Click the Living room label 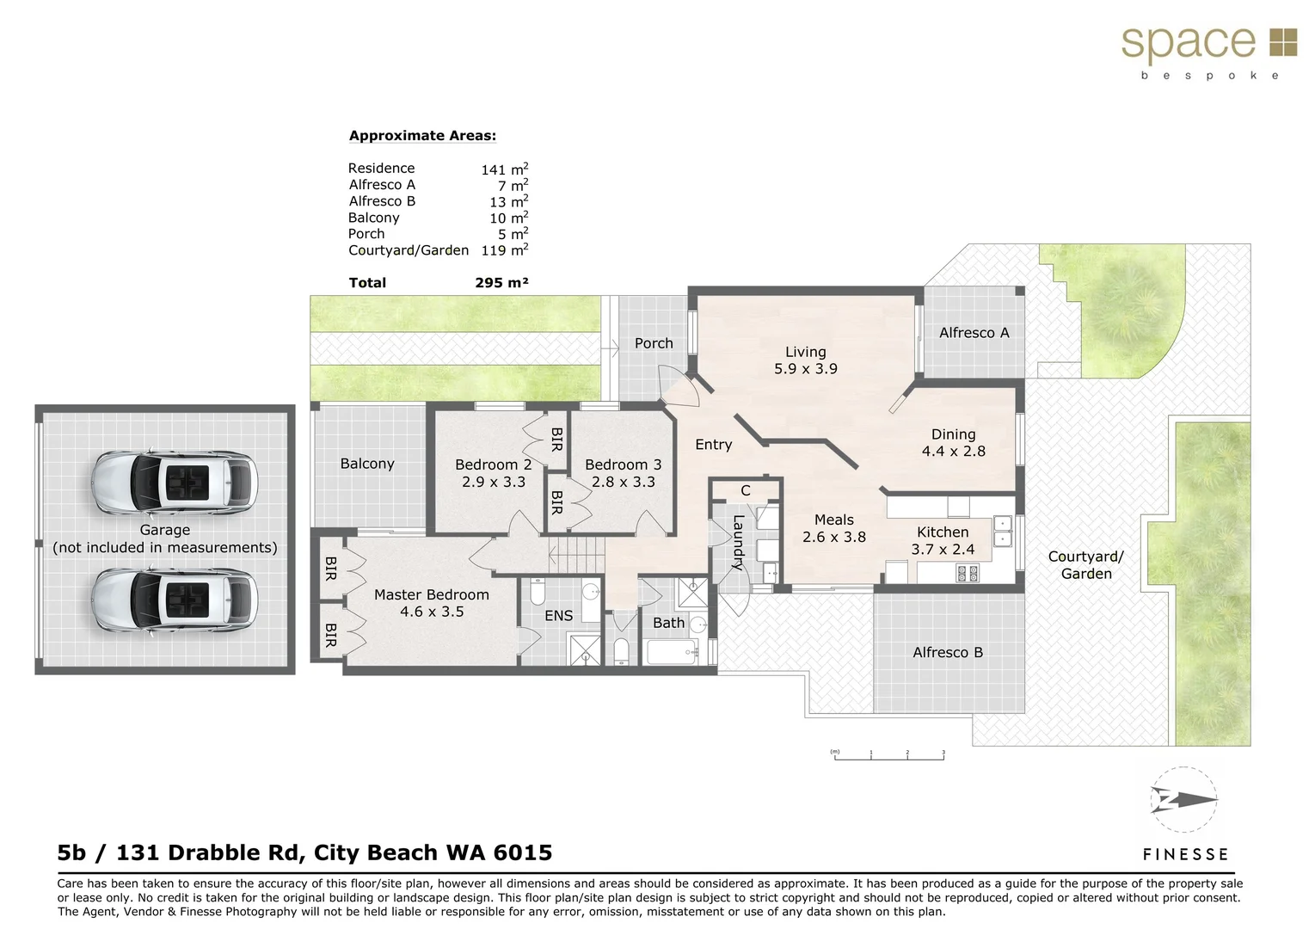click(805, 352)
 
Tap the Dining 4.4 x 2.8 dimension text click(953, 452)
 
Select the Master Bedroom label click(431, 594)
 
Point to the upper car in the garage click(175, 481)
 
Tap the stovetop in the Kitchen click(968, 572)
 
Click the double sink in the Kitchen click(1002, 531)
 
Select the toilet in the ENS click(538, 592)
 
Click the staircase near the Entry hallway click(576, 555)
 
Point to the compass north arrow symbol click(1184, 801)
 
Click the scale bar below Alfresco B click(888, 754)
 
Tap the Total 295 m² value click(501, 282)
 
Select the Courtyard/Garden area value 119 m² click(504, 250)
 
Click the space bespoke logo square click(1282, 42)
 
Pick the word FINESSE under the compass click(1184, 854)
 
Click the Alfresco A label click(974, 333)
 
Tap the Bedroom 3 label click(623, 464)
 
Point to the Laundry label click(738, 542)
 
